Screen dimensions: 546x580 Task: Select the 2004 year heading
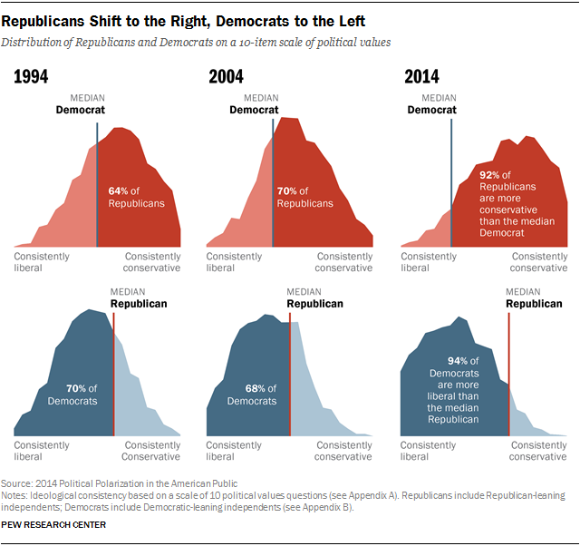point(226,77)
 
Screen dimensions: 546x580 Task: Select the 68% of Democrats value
point(256,388)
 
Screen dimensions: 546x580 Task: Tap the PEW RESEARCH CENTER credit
point(53,525)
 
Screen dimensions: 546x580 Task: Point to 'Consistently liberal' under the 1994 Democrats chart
point(42,451)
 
